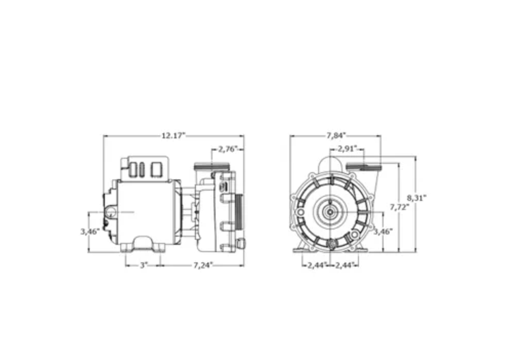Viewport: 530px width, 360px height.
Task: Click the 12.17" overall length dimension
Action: click(x=173, y=136)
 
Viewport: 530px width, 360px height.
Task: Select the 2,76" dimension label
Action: click(x=227, y=149)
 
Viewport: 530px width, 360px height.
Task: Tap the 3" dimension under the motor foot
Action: click(x=143, y=264)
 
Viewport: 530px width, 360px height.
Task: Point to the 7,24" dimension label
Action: click(x=203, y=264)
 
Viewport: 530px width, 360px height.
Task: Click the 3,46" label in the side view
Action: click(x=89, y=231)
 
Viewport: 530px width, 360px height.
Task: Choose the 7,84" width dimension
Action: click(x=335, y=135)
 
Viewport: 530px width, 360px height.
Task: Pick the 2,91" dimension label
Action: click(x=348, y=148)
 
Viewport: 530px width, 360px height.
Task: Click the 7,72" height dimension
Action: click(x=400, y=206)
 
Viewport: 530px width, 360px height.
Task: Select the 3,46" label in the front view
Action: click(x=382, y=231)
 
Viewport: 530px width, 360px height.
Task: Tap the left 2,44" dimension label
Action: click(x=316, y=264)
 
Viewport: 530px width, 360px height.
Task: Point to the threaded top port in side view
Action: click(x=204, y=166)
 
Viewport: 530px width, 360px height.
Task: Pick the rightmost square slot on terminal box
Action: click(x=156, y=169)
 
